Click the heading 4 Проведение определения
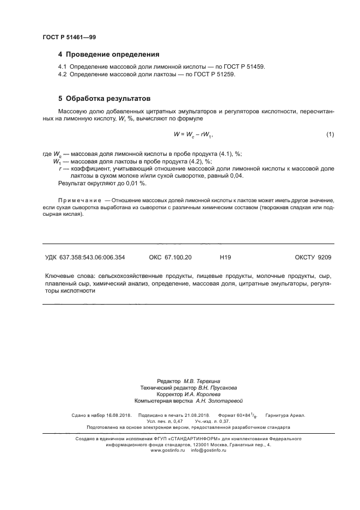108,54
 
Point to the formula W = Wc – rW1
192,134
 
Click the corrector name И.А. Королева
203,394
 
